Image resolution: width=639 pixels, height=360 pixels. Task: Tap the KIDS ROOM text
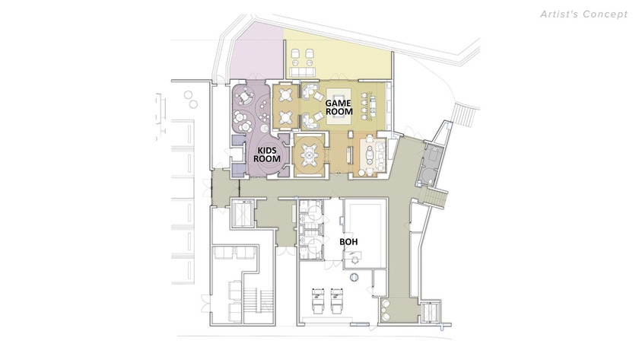(269, 154)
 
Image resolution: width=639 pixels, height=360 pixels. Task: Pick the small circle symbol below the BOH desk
(351, 277)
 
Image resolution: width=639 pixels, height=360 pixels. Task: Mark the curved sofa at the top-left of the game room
(310, 92)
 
